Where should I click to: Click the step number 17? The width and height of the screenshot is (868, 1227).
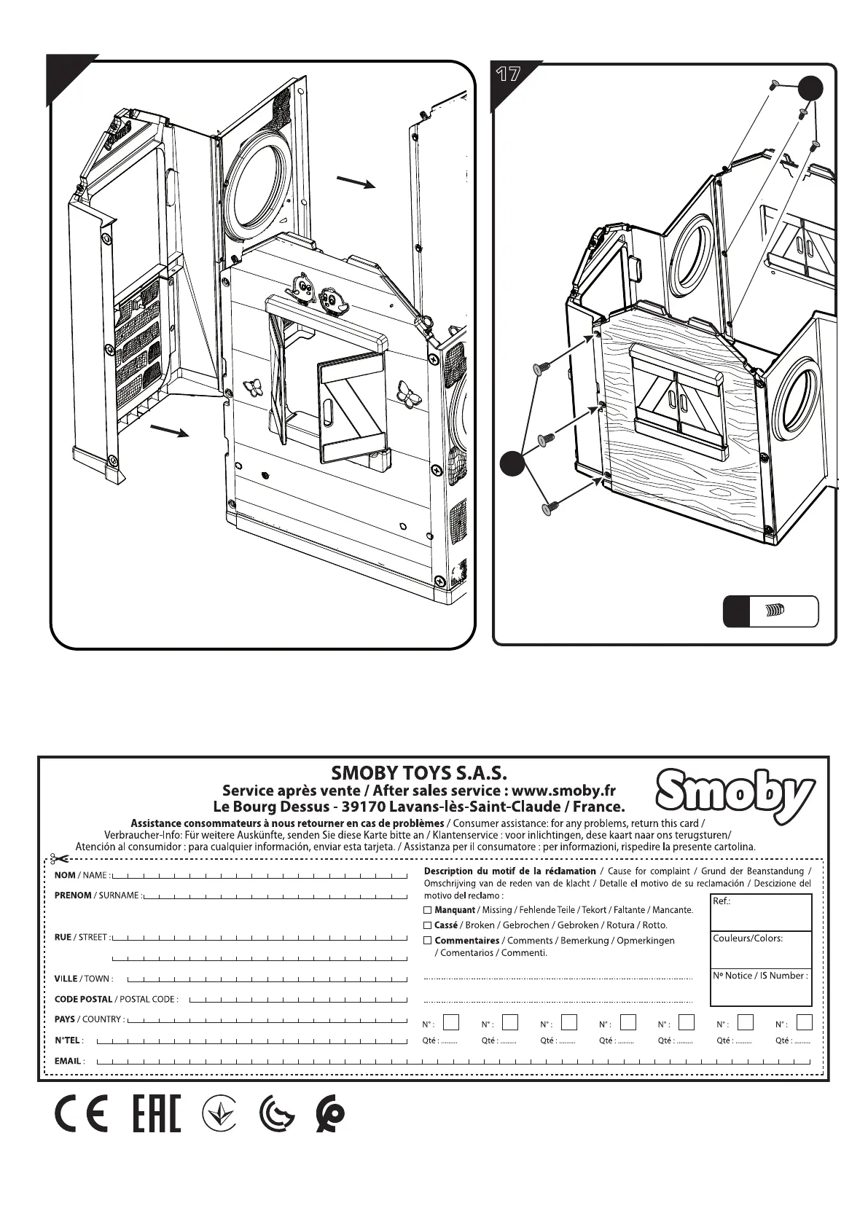point(508,74)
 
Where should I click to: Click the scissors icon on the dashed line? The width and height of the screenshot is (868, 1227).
point(60,858)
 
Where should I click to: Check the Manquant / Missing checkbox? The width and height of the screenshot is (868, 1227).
point(428,910)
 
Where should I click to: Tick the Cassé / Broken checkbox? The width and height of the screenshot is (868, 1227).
point(428,925)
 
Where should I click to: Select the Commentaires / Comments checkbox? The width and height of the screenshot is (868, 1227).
point(428,941)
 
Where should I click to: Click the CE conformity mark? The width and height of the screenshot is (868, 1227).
point(81,1115)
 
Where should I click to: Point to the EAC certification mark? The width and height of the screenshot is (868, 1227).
point(157,1115)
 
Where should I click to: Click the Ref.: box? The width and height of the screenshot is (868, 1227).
point(760,912)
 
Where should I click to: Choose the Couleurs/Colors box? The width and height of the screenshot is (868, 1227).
point(760,949)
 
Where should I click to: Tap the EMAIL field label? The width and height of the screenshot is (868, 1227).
point(69,1061)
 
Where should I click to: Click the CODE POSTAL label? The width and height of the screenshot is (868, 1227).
point(84,999)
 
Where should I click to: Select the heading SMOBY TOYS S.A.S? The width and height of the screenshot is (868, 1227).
point(418,772)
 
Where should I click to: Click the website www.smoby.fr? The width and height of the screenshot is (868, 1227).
point(565,791)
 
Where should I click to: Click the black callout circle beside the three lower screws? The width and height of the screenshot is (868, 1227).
point(513,462)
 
